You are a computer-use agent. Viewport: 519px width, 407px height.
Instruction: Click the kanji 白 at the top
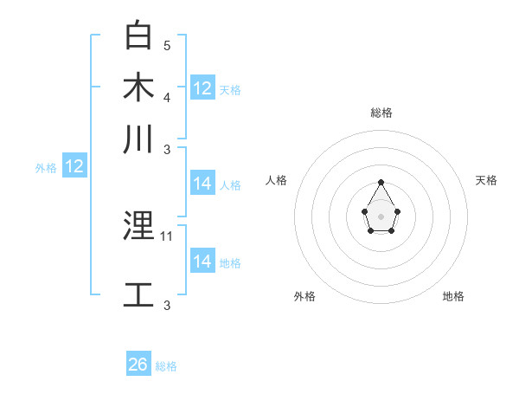139,36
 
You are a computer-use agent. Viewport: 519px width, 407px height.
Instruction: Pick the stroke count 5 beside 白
167,45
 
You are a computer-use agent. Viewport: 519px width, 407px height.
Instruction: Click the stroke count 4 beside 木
167,96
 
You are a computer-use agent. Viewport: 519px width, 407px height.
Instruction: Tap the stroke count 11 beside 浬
167,236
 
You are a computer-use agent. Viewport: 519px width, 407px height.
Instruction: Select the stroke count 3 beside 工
167,305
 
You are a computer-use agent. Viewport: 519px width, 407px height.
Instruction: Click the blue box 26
138,365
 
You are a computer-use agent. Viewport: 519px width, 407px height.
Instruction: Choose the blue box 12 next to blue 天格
202,88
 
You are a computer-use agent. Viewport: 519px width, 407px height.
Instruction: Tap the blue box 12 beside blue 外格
74,166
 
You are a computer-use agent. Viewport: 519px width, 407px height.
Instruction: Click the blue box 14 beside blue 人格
202,184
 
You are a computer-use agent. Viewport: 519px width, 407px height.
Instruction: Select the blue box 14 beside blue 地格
202,262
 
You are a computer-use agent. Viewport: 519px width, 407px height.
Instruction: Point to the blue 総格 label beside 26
166,366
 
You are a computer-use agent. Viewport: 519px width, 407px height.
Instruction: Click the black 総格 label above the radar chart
381,113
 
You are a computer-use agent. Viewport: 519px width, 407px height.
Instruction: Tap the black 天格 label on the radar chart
486,180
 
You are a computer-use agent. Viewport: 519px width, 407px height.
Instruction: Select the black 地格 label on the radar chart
453,296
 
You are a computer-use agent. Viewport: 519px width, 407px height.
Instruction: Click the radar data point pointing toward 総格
381,182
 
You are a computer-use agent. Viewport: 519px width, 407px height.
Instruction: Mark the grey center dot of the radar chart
381,216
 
